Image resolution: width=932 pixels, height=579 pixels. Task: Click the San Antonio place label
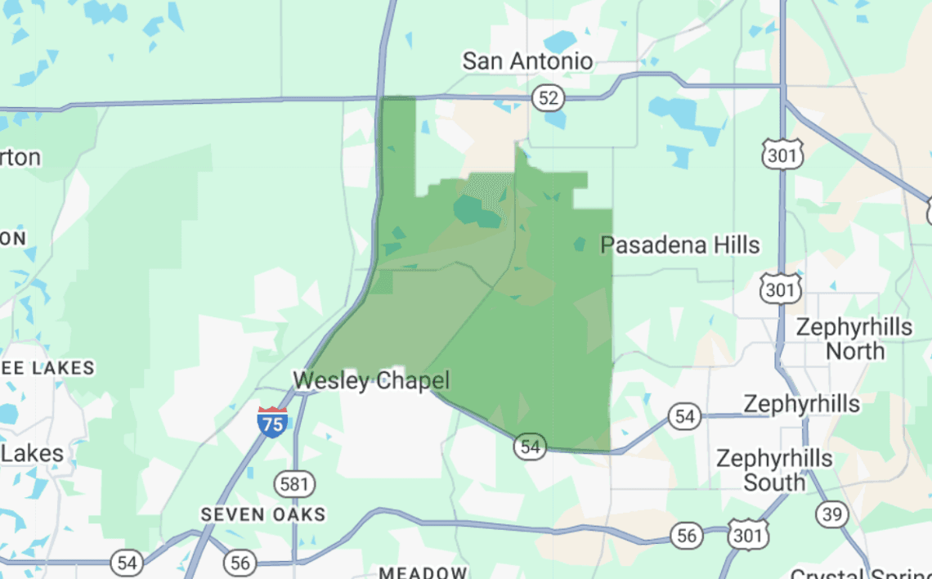click(527, 61)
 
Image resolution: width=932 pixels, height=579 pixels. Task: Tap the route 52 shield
click(549, 99)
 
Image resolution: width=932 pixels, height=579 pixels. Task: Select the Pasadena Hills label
click(680, 245)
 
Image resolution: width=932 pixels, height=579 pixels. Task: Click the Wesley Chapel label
click(371, 380)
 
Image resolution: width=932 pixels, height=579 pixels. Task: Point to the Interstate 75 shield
click(272, 421)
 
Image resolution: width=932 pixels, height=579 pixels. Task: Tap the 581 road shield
click(293, 484)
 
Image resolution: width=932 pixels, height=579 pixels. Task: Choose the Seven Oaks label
click(264, 514)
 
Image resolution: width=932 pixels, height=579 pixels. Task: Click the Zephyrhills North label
click(854, 339)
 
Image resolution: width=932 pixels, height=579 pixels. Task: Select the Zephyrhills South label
click(773, 470)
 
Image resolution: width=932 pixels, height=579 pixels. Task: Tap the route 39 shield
click(831, 514)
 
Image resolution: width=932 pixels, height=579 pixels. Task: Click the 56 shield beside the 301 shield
click(686, 536)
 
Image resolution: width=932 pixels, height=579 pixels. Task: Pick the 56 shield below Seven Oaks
click(240, 563)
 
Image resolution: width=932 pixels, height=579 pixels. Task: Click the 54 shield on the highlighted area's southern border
click(531, 447)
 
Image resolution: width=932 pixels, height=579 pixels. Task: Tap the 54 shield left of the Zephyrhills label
click(684, 416)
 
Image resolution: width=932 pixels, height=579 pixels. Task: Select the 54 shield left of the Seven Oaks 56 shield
click(127, 563)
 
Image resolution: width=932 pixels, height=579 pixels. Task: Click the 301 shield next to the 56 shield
click(748, 534)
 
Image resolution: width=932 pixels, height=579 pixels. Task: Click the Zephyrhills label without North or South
click(801, 404)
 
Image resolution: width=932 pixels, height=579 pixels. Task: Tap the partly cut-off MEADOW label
click(423, 572)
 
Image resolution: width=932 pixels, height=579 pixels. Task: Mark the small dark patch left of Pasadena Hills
click(580, 244)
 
